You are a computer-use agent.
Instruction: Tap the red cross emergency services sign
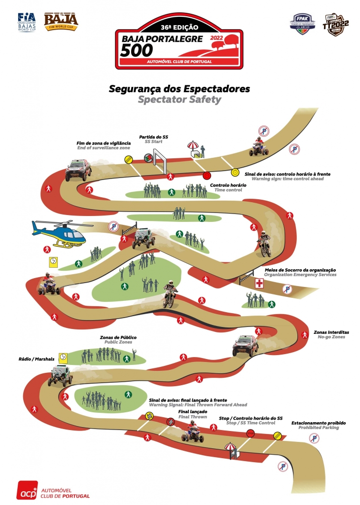coord(259,283)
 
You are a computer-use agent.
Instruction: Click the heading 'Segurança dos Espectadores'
coord(179,89)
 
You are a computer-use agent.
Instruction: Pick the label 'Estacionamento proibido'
coord(318,423)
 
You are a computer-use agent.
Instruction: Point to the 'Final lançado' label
coord(192,411)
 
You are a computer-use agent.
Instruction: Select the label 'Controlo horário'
coord(226,185)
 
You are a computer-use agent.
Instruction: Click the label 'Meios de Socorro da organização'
coord(300,270)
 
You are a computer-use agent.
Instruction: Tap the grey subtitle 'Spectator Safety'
coord(179,100)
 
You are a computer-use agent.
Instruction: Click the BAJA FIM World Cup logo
coord(61,20)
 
